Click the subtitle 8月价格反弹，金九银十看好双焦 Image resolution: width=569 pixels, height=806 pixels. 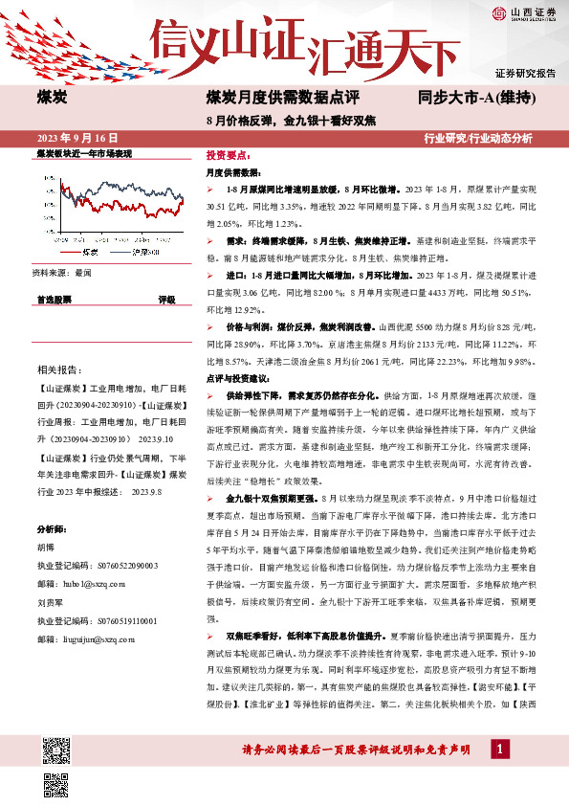coord(291,120)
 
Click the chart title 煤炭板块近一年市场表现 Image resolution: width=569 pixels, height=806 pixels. coord(84,153)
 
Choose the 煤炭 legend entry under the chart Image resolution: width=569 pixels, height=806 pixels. coord(90,253)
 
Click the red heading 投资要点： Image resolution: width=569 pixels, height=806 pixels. coord(227,153)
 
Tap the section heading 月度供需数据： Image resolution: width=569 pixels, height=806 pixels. coord(232,173)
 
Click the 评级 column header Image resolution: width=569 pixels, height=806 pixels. coord(165,300)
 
